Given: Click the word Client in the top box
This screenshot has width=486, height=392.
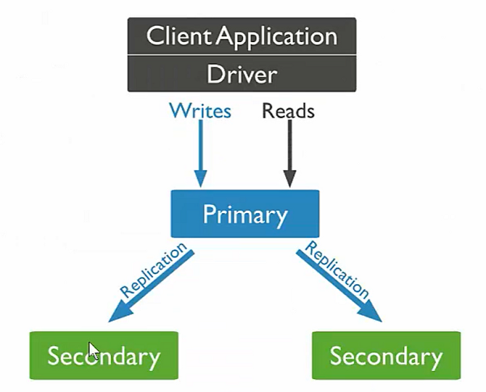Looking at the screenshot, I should (174, 36).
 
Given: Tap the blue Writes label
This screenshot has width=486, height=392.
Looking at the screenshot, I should (199, 111).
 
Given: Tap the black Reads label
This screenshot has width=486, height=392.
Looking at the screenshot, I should (288, 111).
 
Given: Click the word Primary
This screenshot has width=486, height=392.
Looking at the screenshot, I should (245, 215).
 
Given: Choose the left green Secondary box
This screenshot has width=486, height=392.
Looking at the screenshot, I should (103, 356).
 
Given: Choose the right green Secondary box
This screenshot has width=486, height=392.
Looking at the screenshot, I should (386, 356).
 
